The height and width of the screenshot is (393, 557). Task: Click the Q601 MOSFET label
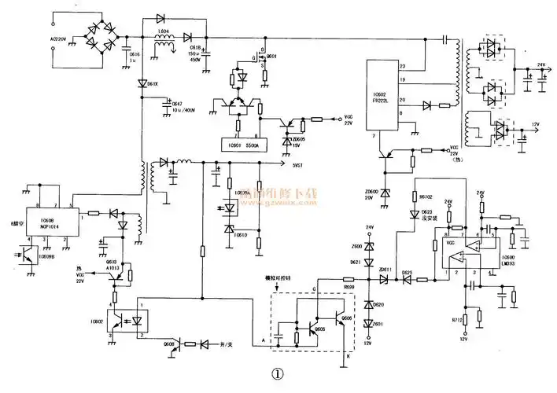click(x=271, y=57)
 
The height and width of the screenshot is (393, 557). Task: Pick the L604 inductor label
click(x=163, y=32)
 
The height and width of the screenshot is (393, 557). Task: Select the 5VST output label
click(x=295, y=165)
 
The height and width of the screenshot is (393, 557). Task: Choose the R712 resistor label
click(x=456, y=321)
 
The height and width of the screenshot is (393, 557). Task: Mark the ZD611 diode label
click(x=385, y=270)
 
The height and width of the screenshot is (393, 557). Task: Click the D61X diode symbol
click(x=142, y=83)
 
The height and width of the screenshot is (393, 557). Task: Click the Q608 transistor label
click(x=168, y=344)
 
